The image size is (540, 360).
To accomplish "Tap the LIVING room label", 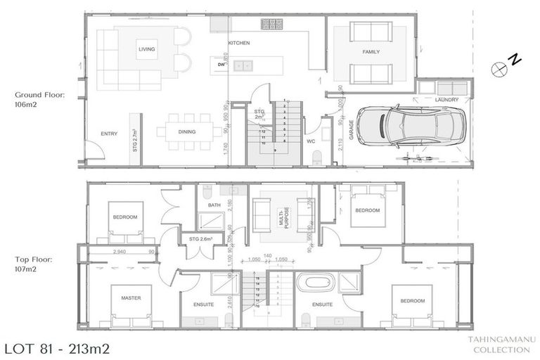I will click(x=147, y=49).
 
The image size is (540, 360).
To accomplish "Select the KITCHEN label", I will click(x=239, y=44).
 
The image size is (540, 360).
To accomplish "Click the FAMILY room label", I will click(x=371, y=53).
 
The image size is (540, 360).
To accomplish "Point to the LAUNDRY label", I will click(x=446, y=100).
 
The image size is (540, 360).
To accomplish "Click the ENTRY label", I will click(x=109, y=133).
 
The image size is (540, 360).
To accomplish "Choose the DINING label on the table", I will click(x=186, y=132).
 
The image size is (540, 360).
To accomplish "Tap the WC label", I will click(x=311, y=141).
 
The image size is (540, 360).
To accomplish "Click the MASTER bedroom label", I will click(x=131, y=298).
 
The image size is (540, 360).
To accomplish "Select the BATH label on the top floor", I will click(x=214, y=205).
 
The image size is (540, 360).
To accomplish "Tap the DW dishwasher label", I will click(x=221, y=65).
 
